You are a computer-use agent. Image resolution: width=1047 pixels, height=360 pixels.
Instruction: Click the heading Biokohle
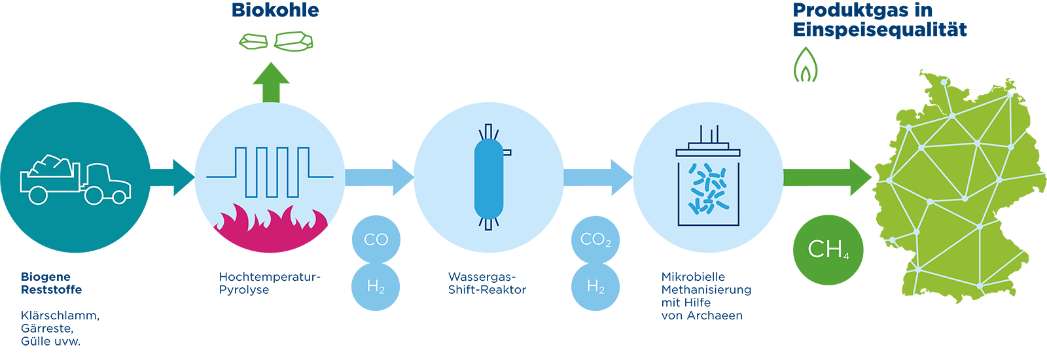[x=275, y=10]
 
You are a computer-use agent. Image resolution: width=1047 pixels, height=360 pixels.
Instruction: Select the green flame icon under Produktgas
[x=806, y=65]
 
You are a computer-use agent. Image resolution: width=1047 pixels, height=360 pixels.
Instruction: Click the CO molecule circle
[x=376, y=240]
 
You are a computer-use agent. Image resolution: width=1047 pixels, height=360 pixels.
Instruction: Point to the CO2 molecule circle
[x=595, y=240]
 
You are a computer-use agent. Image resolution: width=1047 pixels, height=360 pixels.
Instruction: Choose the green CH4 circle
[x=828, y=249]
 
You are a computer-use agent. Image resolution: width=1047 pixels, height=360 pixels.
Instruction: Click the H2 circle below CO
[x=376, y=287]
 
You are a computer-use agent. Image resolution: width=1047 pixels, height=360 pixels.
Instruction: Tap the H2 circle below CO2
[x=595, y=287]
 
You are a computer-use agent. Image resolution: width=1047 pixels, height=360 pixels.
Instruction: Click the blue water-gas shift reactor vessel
[x=489, y=177]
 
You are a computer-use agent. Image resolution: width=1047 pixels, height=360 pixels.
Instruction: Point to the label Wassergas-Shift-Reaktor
[x=487, y=283]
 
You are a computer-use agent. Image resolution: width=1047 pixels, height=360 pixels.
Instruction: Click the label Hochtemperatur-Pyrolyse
[x=270, y=283]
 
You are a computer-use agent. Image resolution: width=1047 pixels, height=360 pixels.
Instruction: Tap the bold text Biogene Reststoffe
[x=51, y=283]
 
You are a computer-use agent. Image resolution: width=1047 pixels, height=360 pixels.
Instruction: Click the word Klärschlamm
[x=60, y=315]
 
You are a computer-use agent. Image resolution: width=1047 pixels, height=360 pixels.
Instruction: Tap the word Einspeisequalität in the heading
[x=879, y=30]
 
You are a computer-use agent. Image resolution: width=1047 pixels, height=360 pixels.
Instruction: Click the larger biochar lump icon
[x=293, y=41]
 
